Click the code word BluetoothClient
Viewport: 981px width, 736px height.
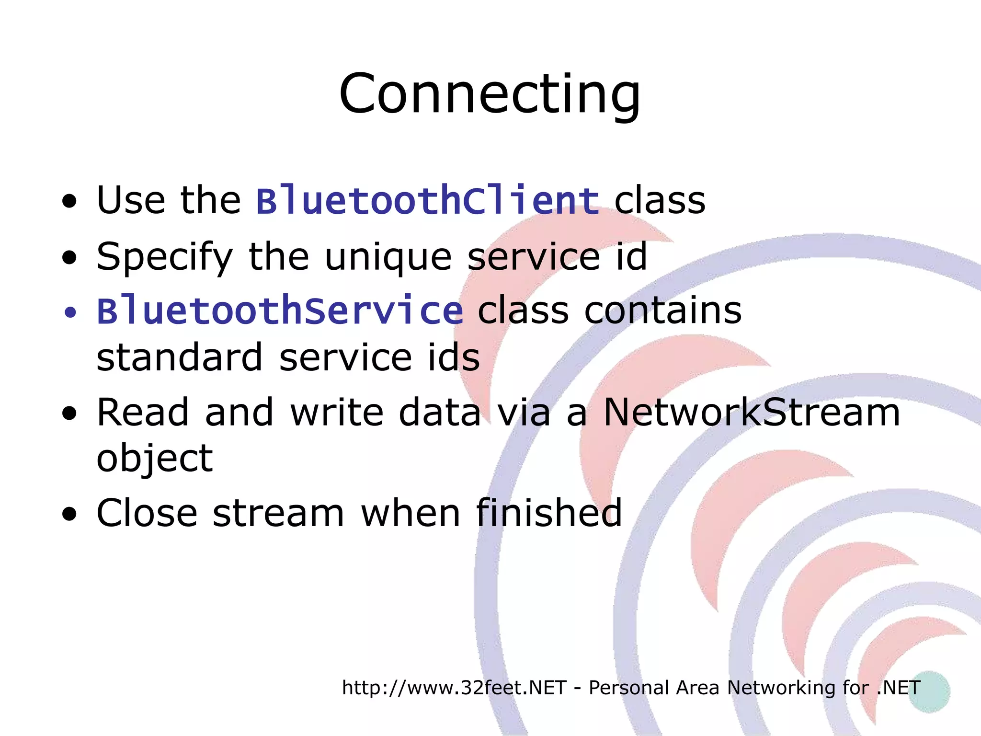pyautogui.click(x=428, y=200)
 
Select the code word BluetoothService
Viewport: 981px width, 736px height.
pyautogui.click(x=280, y=310)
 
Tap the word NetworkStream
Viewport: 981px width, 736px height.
pyautogui.click(x=752, y=412)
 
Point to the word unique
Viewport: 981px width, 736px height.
pyautogui.click(x=388, y=256)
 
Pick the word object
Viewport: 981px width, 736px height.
pyautogui.click(x=155, y=459)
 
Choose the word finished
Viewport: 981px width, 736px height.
pyautogui.click(x=549, y=513)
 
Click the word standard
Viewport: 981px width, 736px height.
pyautogui.click(x=180, y=357)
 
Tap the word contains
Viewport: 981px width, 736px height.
pyautogui.click(x=663, y=310)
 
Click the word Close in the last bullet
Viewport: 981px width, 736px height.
pyautogui.click(x=147, y=513)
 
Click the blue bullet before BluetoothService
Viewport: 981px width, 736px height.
pyautogui.click(x=70, y=313)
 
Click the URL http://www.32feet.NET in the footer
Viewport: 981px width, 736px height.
pyautogui.click(x=454, y=688)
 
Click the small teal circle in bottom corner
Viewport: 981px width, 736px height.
pyautogui.click(x=929, y=691)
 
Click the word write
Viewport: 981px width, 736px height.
pyautogui.click(x=337, y=412)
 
